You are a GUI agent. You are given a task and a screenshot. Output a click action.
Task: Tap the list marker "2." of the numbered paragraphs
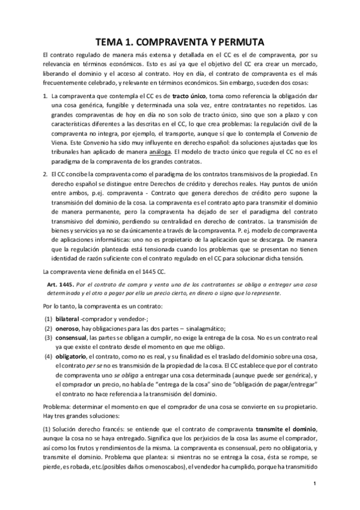click(46, 174)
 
